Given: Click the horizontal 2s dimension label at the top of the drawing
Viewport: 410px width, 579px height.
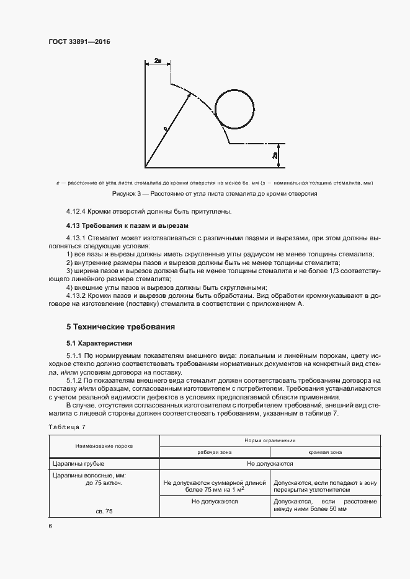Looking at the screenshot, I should pos(158,62).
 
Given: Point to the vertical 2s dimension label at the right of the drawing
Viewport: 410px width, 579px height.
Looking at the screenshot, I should pos(274,156).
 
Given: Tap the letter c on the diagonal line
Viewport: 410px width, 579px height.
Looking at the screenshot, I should pos(165,128).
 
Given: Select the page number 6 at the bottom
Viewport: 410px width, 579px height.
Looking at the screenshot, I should pos(50,525).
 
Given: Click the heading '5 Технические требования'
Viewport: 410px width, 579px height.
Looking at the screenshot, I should pos(121,326).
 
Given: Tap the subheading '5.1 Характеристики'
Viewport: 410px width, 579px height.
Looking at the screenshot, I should pos(99,342).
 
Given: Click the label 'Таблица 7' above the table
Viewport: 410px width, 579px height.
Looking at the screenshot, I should pos(66,427).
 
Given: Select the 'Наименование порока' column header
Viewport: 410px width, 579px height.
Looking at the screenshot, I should pos(104,445).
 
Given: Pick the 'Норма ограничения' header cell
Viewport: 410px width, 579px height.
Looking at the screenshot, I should pos(270,440).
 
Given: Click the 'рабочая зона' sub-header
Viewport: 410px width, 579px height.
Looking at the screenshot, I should pos(214,451).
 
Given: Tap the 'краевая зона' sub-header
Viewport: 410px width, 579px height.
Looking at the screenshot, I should pos(324,451).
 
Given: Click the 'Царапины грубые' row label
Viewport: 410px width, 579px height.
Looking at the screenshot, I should pos(78,463).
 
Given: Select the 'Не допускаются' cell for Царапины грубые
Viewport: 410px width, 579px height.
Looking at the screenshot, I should pos(270,463).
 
